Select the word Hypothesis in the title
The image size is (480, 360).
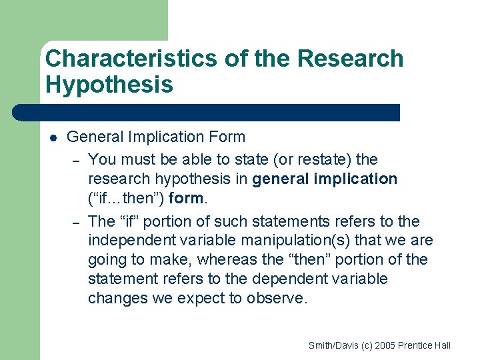[x=109, y=85]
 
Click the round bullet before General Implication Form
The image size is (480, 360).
[x=53, y=138]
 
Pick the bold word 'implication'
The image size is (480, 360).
[x=361, y=179]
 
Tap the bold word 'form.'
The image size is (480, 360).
[x=189, y=199]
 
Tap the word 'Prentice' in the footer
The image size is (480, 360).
[x=417, y=345]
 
